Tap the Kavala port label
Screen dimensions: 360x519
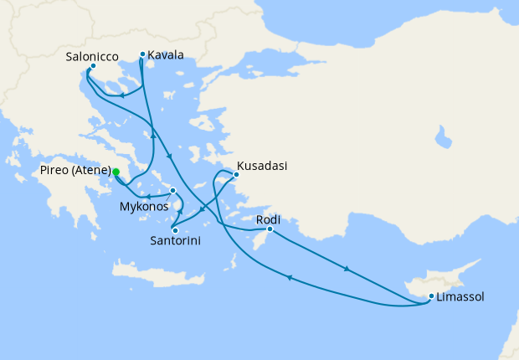[x=166, y=56]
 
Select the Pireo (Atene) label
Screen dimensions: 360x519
[x=75, y=171]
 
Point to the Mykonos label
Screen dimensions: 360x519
[x=145, y=205]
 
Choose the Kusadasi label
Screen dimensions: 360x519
[x=262, y=166]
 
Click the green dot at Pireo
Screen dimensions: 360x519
[x=116, y=172]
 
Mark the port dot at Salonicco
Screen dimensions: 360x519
[x=93, y=66]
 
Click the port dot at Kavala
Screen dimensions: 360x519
[x=142, y=54]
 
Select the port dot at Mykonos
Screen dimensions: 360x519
[x=172, y=191]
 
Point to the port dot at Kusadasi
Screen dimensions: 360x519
[x=236, y=175]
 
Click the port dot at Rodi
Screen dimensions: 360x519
[x=270, y=229]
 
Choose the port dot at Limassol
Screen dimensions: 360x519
[x=431, y=296]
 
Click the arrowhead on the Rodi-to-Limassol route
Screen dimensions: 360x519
[x=347, y=270]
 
